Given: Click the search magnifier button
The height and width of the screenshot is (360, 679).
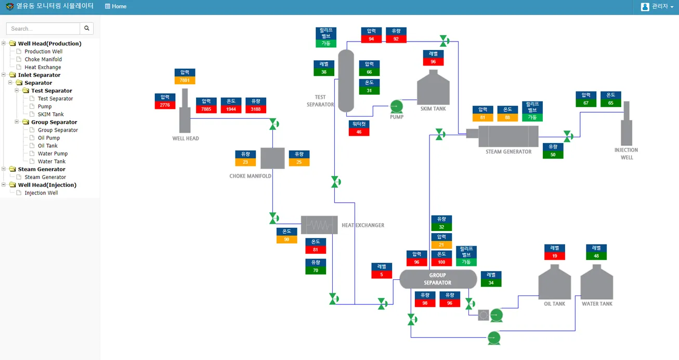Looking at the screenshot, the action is pos(87,28).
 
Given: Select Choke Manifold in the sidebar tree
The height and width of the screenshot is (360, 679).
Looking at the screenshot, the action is pos(43,59).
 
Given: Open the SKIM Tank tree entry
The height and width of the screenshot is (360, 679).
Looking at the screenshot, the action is pos(50,114).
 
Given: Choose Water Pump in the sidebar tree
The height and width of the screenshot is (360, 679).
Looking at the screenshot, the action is pos(53,153).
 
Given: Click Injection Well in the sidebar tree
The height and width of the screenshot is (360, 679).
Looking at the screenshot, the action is pos(41,192).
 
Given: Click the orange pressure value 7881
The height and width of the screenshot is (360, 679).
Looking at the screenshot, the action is pos(185,80).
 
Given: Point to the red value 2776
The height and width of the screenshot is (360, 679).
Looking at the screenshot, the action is pos(165,105).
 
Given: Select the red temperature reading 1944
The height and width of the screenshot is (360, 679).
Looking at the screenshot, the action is pos(231,109).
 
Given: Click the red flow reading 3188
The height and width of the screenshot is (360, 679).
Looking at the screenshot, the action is pos(256,109).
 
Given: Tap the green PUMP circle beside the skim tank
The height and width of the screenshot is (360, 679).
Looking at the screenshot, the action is pos(397,107).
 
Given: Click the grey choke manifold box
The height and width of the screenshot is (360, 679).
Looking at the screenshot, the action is pos(272,158).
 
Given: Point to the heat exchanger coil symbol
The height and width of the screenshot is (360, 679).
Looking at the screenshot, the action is pos(319,225).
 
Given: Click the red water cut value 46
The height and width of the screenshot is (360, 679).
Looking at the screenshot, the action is pos(359,132).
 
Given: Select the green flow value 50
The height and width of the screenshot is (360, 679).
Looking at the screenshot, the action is pos(553,155).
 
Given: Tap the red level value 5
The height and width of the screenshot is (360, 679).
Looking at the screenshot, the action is pos(381,275).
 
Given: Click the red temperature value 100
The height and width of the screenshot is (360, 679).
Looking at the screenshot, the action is pos(441,262).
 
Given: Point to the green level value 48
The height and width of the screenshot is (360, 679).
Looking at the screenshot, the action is pos(596,256).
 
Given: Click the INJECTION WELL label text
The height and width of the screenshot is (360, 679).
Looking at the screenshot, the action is pos(626,154).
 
